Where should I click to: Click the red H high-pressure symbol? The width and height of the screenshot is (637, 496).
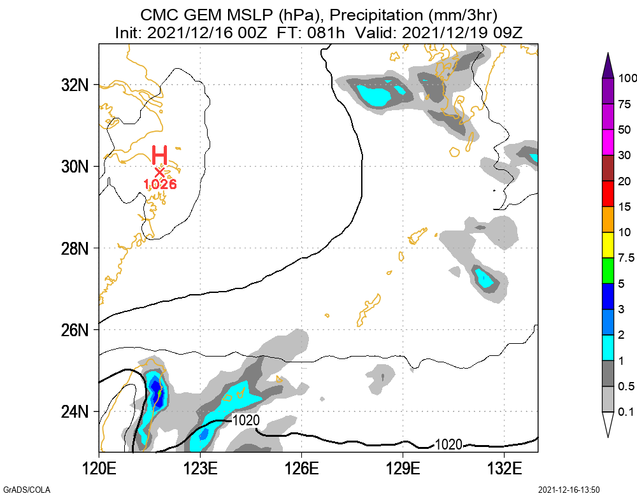point(159,155)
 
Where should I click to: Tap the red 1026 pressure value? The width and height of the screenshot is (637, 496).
point(159,184)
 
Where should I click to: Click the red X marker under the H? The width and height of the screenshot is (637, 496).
point(159,171)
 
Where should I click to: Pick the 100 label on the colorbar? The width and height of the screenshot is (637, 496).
point(628,78)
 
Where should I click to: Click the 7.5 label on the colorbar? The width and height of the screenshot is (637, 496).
point(626,258)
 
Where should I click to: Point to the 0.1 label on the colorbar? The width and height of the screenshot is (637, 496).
point(626,412)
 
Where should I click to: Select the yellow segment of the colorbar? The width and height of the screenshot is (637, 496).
point(608,245)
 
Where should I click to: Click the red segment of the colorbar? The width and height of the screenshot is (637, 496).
point(608,194)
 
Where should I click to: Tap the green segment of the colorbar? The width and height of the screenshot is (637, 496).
point(608,271)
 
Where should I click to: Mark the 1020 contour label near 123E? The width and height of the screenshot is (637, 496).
point(245,420)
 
